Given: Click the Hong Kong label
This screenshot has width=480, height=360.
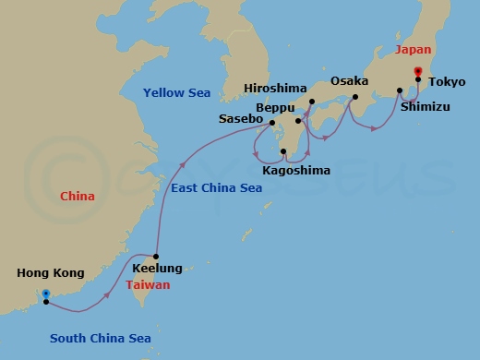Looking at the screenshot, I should point(50,273).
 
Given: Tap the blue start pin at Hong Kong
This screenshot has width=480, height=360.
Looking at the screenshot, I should point(45,294).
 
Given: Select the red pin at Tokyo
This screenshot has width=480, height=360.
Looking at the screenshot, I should point(418,71).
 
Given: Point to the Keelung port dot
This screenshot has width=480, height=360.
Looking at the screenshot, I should point(157,257).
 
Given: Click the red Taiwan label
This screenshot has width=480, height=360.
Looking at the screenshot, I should point(148,285).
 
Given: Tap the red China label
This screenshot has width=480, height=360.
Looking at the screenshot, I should point(77,197).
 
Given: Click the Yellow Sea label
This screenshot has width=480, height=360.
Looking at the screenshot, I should point(177,92).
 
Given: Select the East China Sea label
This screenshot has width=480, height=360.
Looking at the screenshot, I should point(216,187).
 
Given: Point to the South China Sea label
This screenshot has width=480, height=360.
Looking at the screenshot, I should point(100,339).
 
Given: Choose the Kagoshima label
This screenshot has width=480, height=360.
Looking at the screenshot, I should point(295,171).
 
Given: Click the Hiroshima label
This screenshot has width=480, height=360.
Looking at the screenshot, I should point(275,89).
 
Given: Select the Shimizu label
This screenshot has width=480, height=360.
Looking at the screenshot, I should point(426,106).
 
